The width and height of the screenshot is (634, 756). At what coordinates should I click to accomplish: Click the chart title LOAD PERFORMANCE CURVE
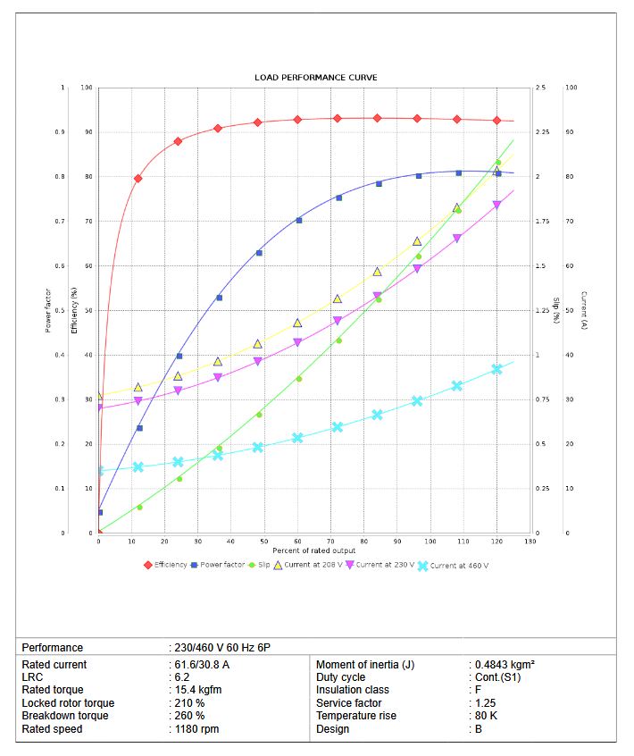click(x=315, y=78)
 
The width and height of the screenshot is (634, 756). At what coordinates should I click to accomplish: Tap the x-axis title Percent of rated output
click(x=314, y=550)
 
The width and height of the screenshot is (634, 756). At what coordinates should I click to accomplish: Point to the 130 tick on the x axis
click(x=530, y=542)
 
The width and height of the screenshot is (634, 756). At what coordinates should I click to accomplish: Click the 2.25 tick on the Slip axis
click(x=543, y=132)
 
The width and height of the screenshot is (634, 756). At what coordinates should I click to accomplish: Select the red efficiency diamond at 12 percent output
click(x=138, y=179)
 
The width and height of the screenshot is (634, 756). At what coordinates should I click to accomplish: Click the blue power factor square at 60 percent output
click(x=298, y=221)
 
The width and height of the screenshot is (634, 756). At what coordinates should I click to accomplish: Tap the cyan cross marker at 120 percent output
click(x=497, y=369)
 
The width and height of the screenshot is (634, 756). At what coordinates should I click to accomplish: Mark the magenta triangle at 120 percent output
click(x=497, y=206)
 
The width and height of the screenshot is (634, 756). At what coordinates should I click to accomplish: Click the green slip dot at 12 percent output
click(x=139, y=508)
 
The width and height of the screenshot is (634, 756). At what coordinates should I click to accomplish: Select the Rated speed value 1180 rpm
click(x=196, y=729)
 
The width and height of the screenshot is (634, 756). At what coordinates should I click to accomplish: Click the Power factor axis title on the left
click(x=48, y=310)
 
